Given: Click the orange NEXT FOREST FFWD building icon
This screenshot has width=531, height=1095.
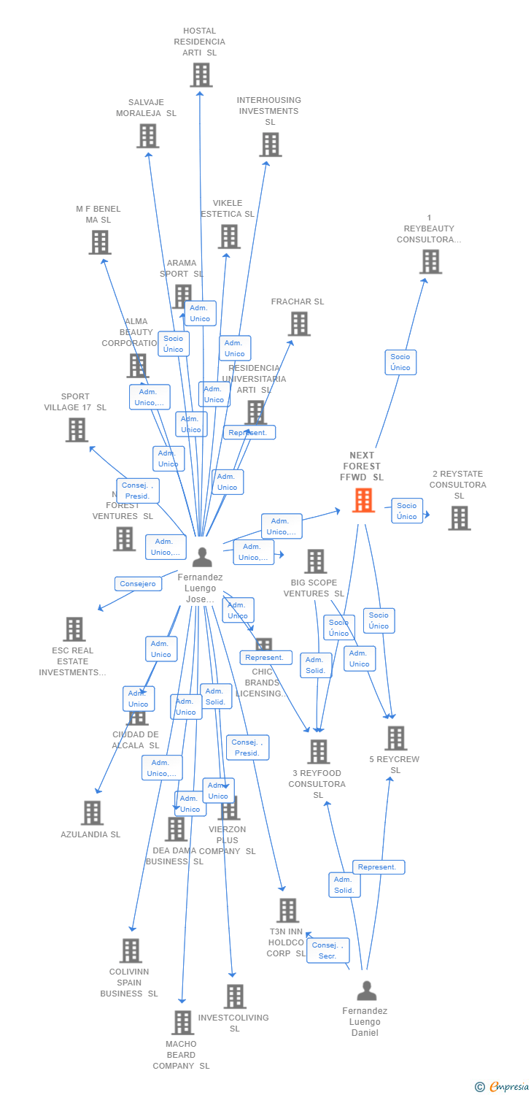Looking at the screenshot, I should tap(363, 500).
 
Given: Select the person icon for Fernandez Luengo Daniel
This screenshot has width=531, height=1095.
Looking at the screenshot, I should tap(366, 991).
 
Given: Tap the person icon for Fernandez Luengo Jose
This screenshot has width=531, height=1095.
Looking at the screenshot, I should tap(202, 557).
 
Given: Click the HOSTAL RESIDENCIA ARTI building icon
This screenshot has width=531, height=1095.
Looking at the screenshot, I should tap(201, 74).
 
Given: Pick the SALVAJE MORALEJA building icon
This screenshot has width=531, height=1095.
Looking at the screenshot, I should tap(147, 136).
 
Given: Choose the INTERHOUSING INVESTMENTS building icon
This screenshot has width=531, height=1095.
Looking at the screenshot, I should tap(270, 145).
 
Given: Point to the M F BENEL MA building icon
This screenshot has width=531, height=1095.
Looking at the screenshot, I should tap(100, 242).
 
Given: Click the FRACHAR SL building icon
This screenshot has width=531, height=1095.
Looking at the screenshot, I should tap(299, 323).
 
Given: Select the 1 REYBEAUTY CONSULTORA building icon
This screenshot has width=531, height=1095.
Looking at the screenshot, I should tap(430, 261).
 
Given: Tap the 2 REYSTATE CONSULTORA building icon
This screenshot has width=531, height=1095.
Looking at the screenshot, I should tap(459, 518).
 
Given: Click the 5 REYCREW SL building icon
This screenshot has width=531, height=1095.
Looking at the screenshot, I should tap(395, 738).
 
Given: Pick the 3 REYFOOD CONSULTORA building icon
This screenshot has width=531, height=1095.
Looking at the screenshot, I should tap(318, 751).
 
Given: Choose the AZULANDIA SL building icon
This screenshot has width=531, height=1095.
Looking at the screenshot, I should tap(92, 812).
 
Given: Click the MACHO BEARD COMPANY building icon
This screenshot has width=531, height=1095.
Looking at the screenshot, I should tap(182, 1022).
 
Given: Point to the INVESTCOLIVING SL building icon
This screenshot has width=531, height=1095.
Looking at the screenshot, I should tap(235, 996).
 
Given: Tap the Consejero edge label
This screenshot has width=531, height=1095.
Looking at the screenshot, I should tap(138, 584).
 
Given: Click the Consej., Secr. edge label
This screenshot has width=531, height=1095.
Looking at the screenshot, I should tap(327, 950).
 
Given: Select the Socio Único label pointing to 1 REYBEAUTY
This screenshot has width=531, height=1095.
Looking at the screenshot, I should tap(400, 362).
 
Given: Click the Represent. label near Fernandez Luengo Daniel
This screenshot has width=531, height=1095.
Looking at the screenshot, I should tap(379, 867).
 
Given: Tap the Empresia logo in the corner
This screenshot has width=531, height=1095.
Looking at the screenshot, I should tap(503, 1087).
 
